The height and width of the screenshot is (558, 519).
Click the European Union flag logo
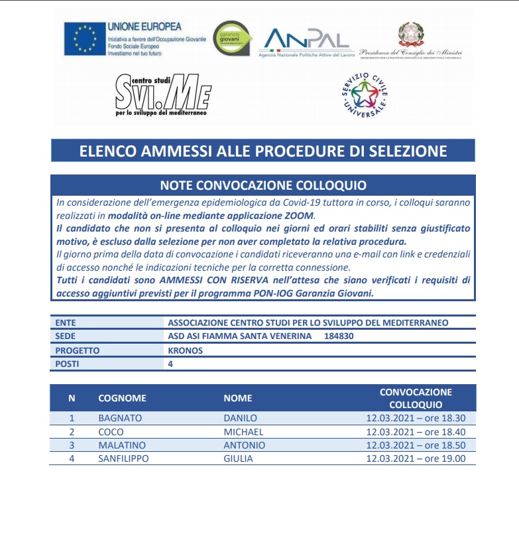84,38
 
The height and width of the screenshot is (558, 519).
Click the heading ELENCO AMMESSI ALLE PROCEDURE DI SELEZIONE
263,151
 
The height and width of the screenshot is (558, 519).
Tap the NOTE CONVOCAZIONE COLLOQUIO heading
263,184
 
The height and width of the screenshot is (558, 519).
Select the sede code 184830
339,336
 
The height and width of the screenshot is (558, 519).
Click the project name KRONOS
186,350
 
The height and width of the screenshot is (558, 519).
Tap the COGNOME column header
122,398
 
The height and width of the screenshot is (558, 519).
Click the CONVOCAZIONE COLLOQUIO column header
416,398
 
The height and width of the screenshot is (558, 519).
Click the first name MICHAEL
243,432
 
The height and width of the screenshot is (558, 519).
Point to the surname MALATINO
121,445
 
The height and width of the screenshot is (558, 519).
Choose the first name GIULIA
239,458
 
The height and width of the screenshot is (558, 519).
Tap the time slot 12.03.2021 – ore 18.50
416,445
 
